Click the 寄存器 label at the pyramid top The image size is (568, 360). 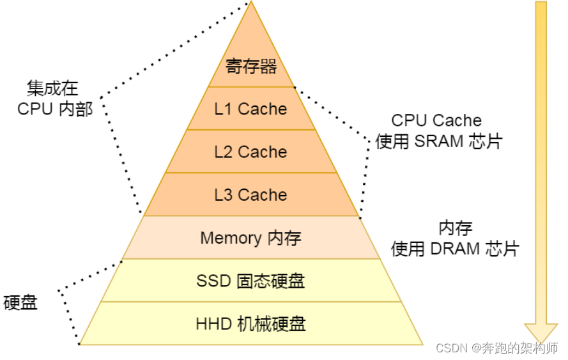[x=251, y=67]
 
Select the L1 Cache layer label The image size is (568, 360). [x=250, y=109]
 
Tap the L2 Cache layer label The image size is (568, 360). [x=250, y=152]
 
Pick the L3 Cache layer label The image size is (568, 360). [x=250, y=195]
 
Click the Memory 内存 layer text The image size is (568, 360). [x=250, y=239]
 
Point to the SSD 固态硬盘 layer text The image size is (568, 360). [x=250, y=281]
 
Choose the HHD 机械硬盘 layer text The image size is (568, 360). [x=250, y=324]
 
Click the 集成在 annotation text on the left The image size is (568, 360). [x=52, y=88]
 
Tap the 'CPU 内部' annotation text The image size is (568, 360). [x=55, y=109]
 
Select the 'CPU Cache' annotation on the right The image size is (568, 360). [x=436, y=120]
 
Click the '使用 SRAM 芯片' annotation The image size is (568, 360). [x=439, y=141]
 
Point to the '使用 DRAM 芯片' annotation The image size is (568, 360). [x=455, y=249]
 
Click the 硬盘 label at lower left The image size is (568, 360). [x=20, y=302]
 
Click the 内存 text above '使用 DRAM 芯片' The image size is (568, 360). [x=455, y=228]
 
